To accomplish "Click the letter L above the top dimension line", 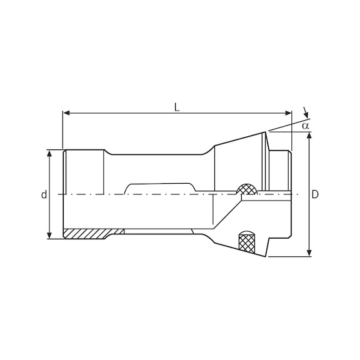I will coord(177,106).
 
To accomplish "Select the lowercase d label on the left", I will coord(44,195).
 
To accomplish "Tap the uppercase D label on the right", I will coord(316,195).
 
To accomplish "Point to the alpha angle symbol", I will coord(306,126).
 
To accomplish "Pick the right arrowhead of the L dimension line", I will coord(289,113).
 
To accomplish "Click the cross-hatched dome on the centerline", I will coord(246,189).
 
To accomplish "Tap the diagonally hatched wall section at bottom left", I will coord(87,234).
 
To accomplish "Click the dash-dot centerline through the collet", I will coord(156,195).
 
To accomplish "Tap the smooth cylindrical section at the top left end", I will coord(84,169).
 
